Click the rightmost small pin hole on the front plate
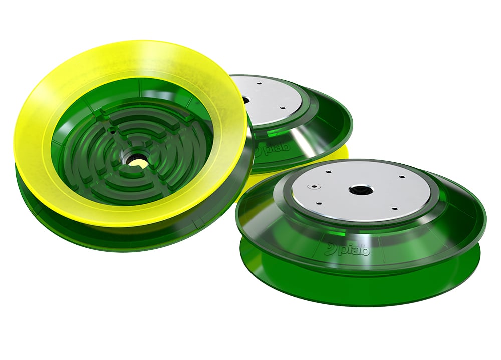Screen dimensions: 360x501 point(402,176)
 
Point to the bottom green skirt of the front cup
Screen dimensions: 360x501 point(361,283)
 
